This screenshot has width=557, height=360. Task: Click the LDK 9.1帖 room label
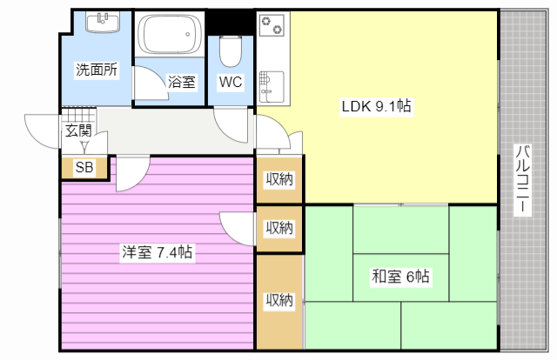click(376, 106)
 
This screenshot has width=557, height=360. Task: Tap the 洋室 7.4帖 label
click(157, 252)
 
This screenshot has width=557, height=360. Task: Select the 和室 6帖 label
click(400, 277)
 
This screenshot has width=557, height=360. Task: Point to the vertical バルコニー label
click(522, 180)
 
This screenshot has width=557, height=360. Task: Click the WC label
click(231, 82)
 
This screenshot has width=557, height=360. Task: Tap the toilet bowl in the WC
click(231, 51)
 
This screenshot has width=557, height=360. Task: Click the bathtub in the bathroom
click(170, 34)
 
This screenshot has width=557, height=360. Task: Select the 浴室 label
click(181, 82)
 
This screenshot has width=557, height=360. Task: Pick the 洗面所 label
click(97, 70)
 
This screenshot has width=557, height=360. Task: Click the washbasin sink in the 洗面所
click(103, 22)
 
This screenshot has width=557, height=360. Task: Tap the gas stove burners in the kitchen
click(272, 25)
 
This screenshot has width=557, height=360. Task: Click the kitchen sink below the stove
click(272, 87)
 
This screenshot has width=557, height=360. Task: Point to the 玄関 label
click(78, 130)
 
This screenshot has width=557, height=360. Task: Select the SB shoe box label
click(84, 167)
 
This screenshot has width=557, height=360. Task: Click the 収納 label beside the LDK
click(279, 179)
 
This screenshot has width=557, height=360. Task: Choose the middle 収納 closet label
click(279, 228)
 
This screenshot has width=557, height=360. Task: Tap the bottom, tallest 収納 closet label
click(279, 300)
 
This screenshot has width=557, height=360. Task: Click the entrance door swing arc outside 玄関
click(42, 130)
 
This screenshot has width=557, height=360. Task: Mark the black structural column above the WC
click(230, 23)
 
